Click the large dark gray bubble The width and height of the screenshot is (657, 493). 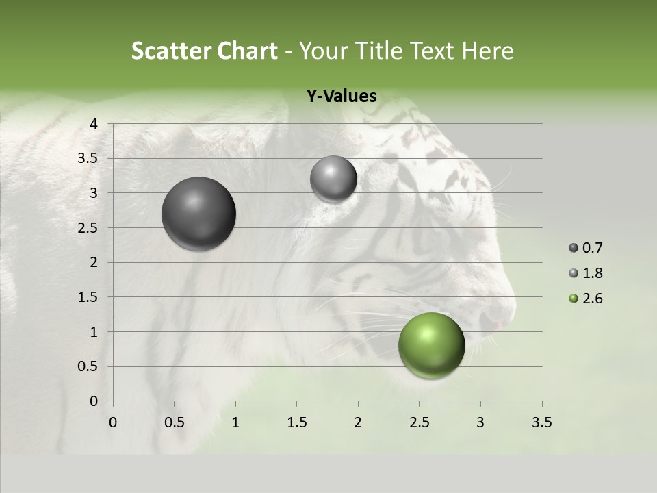(198, 214)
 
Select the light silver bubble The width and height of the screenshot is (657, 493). (333, 179)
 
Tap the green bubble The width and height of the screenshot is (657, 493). (431, 345)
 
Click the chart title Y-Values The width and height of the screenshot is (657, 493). (342, 97)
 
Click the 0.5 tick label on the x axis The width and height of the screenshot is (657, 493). (174, 422)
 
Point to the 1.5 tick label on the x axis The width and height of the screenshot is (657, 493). (296, 422)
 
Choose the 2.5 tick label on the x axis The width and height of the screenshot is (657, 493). (419, 422)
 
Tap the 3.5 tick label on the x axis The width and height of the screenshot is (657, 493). (541, 422)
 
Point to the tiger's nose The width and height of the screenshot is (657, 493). (494, 316)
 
